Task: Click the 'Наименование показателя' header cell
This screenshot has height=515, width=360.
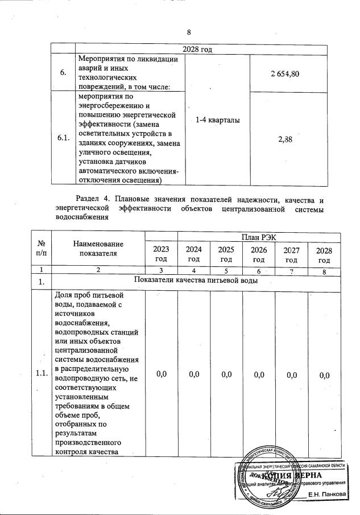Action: pyautogui.click(x=98, y=249)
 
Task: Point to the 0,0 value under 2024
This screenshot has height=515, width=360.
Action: pyautogui.click(x=194, y=373)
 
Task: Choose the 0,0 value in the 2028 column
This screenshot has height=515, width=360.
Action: pyautogui.click(x=324, y=373)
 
